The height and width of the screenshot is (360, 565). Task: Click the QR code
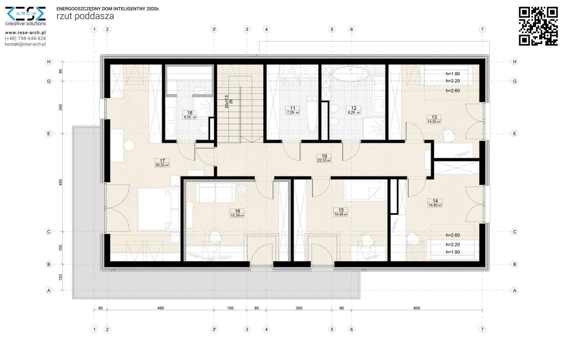pos(538,26)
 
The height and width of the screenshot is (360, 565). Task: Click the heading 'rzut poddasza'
pos(85,16)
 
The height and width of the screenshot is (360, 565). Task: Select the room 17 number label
pos(162,161)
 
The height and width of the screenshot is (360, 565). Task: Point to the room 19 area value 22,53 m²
pos(324,160)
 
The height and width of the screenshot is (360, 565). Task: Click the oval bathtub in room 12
pos(350,74)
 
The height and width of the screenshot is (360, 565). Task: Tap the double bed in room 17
pos(158,209)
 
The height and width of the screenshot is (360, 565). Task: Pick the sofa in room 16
pos(216,193)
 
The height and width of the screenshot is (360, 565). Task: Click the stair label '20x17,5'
pos(226,102)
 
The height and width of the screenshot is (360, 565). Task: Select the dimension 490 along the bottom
pos(161,308)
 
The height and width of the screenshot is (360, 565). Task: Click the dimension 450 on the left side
pos(60,183)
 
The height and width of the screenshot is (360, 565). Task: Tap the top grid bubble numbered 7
pos(482,30)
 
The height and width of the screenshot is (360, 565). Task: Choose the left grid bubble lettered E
pos(49,134)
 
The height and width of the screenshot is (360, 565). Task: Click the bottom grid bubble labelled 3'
pos(214,329)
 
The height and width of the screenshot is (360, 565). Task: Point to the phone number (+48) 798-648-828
pos(25,39)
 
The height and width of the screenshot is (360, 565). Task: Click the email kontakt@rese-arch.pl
pos(25,44)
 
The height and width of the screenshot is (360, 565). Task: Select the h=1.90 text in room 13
pos(453,74)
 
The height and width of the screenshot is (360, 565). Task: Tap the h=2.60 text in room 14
pos(453,235)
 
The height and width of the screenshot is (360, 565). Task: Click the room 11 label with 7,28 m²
pos(293,110)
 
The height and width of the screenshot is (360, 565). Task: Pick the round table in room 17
pos(129,146)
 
